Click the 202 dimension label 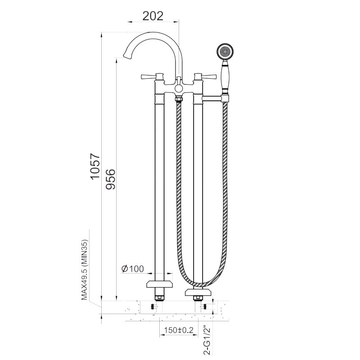(x=153, y=16)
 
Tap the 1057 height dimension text (x=95, y=166)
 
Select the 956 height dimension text (x=110, y=179)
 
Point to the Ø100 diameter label (x=132, y=268)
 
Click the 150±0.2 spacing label (x=179, y=330)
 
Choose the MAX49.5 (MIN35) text (x=85, y=270)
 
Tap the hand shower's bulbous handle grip (x=225, y=77)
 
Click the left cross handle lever (x=148, y=76)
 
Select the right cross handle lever (x=209, y=76)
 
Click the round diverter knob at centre (x=179, y=88)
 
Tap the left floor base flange (x=160, y=284)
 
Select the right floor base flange (x=198, y=292)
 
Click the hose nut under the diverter (x=179, y=99)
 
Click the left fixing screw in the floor (x=154, y=306)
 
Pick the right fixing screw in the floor (x=204, y=306)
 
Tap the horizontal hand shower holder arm (x=212, y=99)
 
